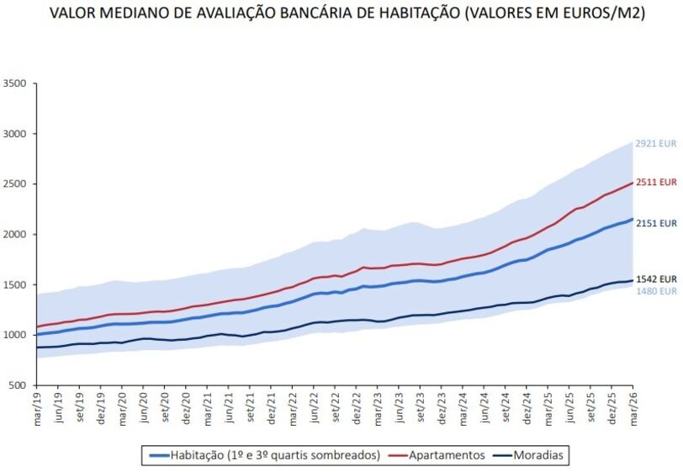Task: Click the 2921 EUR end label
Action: [656, 144]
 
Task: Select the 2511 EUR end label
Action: [656, 182]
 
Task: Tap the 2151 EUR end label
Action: [656, 224]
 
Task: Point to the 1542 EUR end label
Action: [656, 278]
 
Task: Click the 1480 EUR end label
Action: [656, 291]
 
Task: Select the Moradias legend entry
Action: [533, 455]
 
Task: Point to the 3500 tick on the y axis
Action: [14, 83]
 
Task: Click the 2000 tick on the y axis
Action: [14, 235]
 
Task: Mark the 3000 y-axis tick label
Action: [14, 134]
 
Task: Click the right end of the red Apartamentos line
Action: [633, 183]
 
